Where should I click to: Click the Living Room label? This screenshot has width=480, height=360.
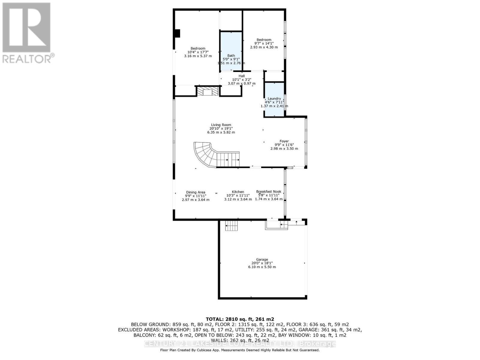click(221, 125)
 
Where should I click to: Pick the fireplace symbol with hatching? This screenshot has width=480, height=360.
click(207, 91)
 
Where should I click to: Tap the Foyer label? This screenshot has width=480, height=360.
click(284, 141)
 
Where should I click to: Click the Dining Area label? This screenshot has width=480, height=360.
click(196, 192)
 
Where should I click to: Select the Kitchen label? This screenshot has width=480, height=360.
click(238, 192)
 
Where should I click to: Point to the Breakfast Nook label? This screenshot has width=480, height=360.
click(268, 192)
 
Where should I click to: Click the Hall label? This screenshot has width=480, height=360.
click(241, 76)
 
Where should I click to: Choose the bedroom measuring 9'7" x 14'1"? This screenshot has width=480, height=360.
click(264, 43)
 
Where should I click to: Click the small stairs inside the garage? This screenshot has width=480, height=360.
click(232, 225)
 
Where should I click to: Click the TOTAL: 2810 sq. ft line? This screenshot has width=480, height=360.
click(240, 319)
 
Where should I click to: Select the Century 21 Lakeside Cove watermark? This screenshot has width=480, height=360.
click(240, 344)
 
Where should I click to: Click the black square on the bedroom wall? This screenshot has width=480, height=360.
click(177, 33)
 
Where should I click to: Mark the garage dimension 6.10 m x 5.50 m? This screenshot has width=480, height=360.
click(262, 267)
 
